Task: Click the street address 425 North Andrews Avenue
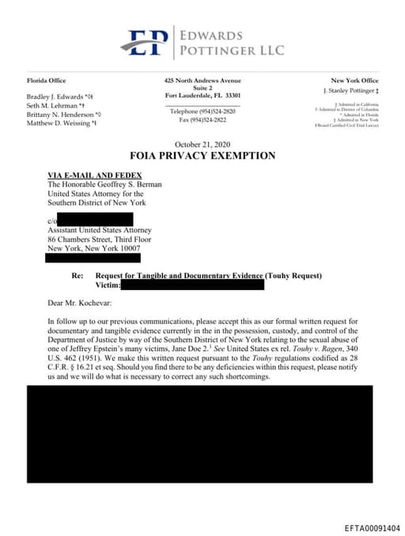point(202,81)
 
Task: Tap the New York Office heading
point(354,81)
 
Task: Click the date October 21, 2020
point(202,144)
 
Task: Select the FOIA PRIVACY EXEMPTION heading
point(202,156)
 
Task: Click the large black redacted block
point(199,434)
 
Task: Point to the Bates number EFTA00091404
point(372,527)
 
